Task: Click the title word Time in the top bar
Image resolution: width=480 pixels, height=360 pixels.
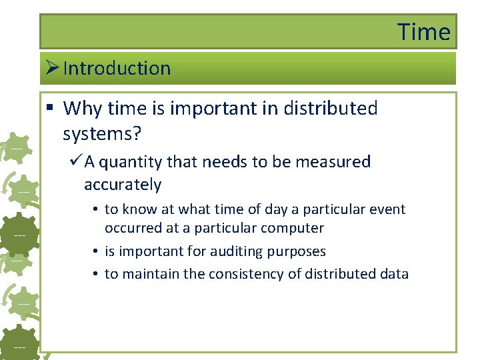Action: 424,31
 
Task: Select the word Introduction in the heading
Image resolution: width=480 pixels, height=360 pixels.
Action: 117,68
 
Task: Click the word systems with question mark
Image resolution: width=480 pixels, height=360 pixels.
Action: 101,134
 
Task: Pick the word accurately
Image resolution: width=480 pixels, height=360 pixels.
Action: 123,185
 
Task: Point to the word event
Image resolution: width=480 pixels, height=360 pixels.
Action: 386,209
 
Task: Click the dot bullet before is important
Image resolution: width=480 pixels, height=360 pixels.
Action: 97,252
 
